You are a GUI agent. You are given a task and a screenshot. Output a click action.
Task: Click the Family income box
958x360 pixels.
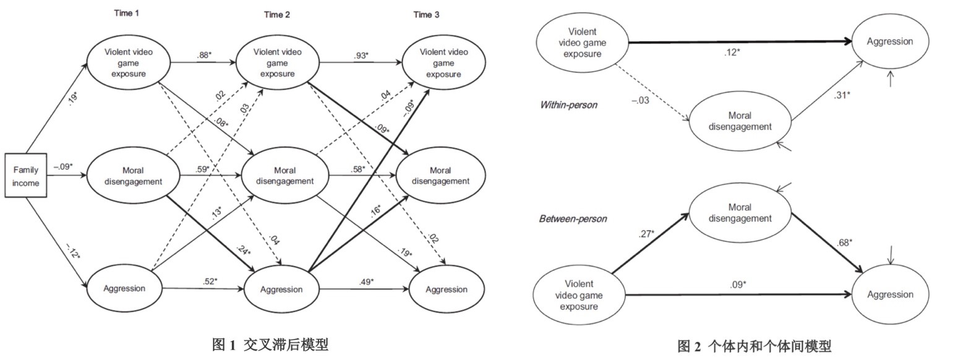pyautogui.click(x=26, y=175)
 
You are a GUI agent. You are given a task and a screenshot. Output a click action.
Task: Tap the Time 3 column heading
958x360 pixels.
pyautogui.click(x=427, y=15)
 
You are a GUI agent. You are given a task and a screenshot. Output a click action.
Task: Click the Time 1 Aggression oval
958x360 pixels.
pyautogui.click(x=125, y=288)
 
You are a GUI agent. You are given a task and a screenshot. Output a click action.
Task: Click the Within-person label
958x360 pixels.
pyautogui.click(x=568, y=105)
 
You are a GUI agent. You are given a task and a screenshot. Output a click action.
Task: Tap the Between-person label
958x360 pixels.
pyautogui.click(x=573, y=218)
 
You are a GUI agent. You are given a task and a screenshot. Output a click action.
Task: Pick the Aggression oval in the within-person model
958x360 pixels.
pyautogui.click(x=889, y=41)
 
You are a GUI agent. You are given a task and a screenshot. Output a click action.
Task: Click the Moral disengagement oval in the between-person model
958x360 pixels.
pyautogui.click(x=740, y=213)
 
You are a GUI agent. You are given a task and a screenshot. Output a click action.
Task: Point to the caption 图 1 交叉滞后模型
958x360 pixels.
pyautogui.click(x=270, y=345)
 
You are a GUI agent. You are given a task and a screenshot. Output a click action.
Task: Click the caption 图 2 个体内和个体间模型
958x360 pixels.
pyautogui.click(x=754, y=346)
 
